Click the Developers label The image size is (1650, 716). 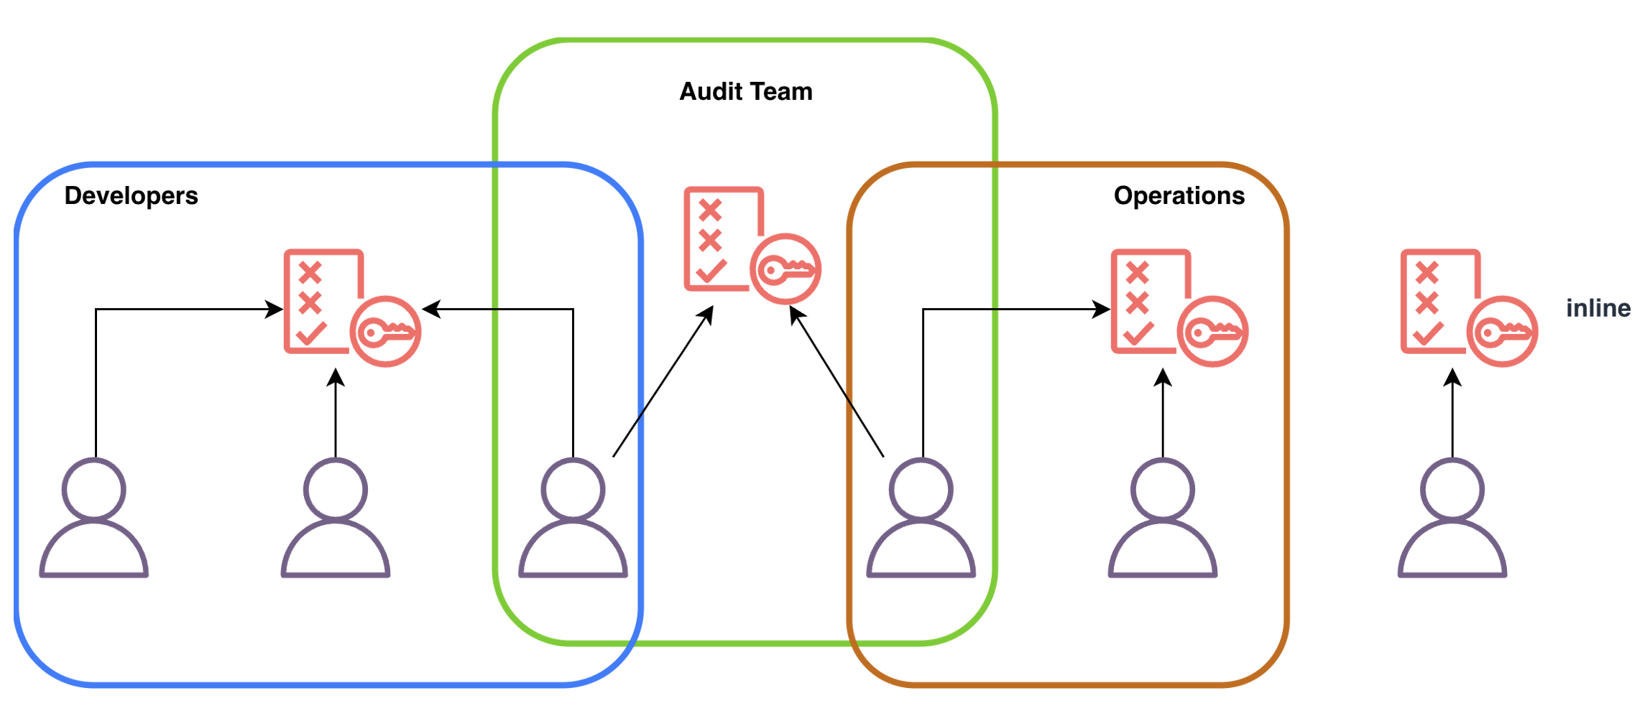coord(131,195)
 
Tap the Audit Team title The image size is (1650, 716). coord(746,91)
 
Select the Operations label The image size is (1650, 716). coord(1179,195)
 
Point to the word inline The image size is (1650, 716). coord(1598,308)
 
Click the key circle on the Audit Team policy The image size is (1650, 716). coord(785,269)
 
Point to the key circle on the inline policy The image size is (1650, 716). coord(1502,332)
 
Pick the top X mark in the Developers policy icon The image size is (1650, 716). coord(310,273)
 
